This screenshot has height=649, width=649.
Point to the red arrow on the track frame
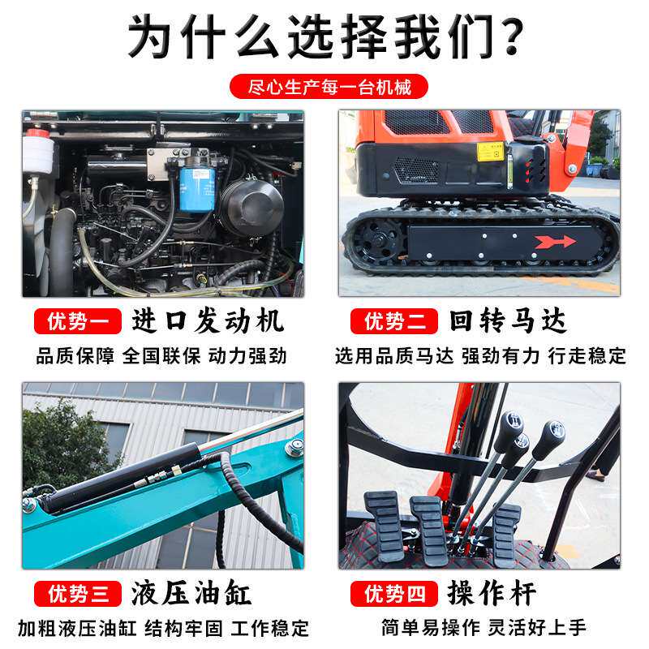[x=555, y=241]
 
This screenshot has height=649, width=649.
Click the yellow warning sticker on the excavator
[x=488, y=152]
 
